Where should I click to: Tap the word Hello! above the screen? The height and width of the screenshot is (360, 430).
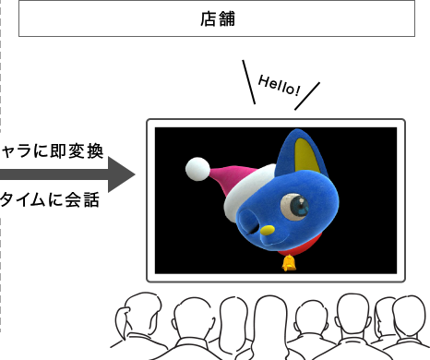tap(280, 86)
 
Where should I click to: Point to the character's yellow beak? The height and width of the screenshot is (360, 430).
tap(268, 229)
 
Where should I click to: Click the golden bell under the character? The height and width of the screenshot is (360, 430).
tap(289, 263)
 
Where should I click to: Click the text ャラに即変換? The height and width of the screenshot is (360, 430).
tap(52, 150)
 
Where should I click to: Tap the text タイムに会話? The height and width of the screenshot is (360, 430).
tap(50, 198)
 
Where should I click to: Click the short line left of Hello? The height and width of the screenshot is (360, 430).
tap(248, 81)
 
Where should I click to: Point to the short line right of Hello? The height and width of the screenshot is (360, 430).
tap(307, 96)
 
